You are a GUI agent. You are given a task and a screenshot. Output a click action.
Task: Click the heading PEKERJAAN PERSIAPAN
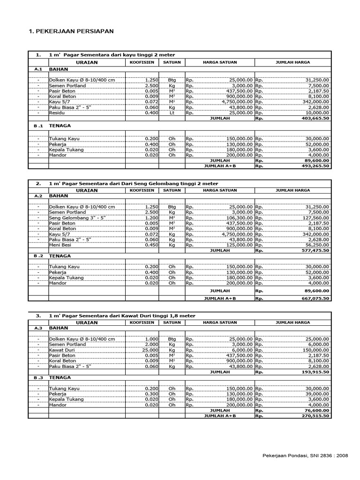[x=71, y=31]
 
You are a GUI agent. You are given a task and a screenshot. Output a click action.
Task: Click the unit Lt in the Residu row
[x=172, y=113]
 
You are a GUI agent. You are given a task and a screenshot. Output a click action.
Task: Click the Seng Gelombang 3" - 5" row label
[x=74, y=218]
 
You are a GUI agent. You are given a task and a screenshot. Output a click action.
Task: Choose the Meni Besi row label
[x=60, y=245]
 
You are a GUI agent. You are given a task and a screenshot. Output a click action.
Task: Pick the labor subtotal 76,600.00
[x=315, y=410]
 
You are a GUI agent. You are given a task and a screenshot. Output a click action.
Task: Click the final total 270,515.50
[x=314, y=416]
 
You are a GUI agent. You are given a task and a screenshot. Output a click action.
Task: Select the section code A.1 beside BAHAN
[x=38, y=68]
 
